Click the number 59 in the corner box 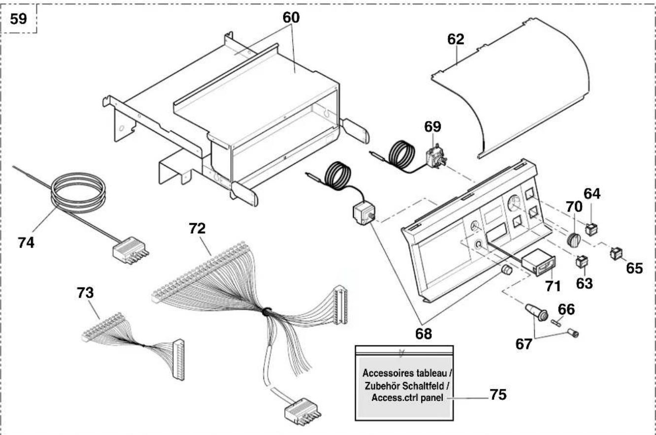pos(18,19)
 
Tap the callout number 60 pos(291,18)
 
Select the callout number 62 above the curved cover pos(456,39)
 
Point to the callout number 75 pos(498,395)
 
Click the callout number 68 pos(424,334)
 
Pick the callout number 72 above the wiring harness pos(197,228)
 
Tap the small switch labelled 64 pos(591,229)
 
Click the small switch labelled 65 pos(616,253)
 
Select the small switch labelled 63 pos(582,261)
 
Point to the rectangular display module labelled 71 pos(539,262)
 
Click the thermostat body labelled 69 pos(436,156)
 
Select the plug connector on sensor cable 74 pos(131,250)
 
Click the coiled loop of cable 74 pos(78,190)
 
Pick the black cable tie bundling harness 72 pos(266,311)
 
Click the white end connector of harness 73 pos(178,360)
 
